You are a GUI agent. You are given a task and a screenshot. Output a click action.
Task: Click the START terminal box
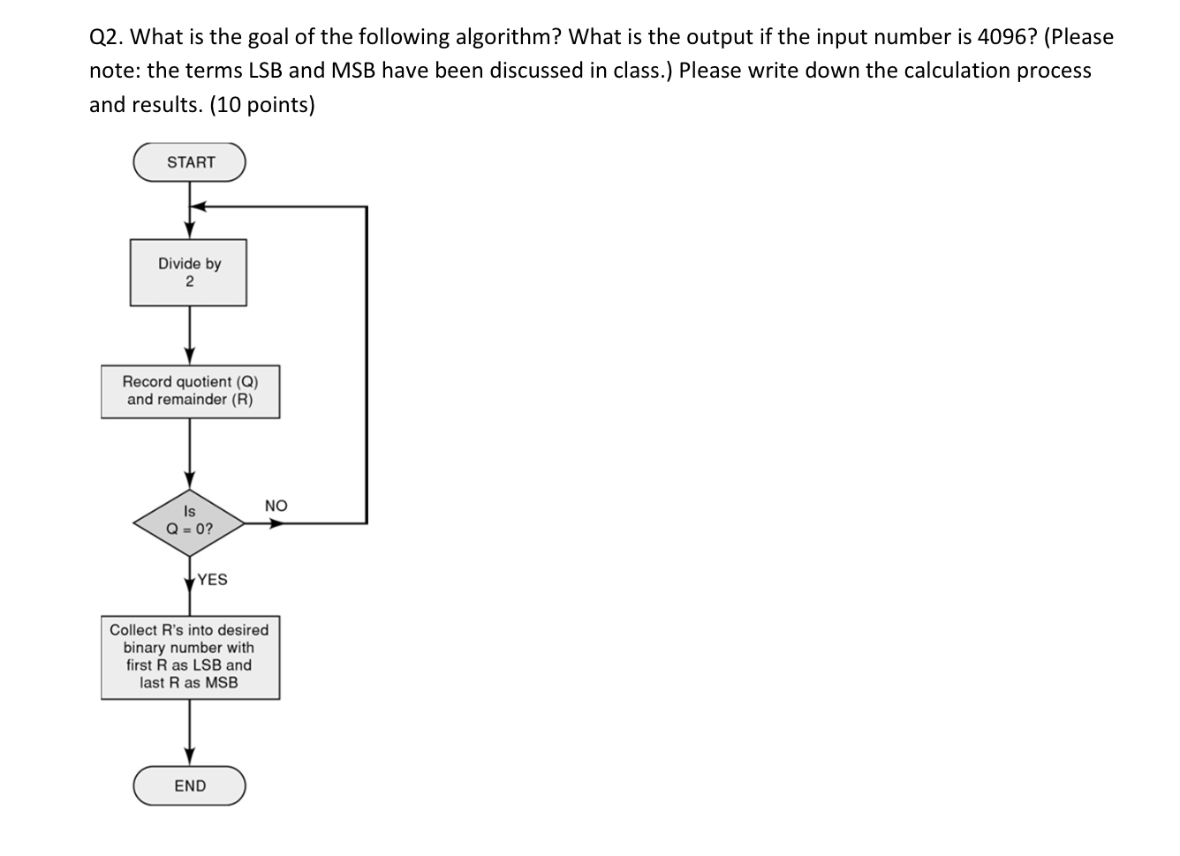(189, 162)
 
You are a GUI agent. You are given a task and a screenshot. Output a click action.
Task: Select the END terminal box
(189, 785)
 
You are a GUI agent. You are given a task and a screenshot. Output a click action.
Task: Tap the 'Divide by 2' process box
(188, 273)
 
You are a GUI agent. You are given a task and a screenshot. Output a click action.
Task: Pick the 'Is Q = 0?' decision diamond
(189, 522)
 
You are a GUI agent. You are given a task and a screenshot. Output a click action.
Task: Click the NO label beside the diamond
(276, 506)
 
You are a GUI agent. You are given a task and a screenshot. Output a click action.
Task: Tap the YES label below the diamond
(212, 580)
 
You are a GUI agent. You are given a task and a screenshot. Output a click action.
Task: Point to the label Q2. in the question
(107, 37)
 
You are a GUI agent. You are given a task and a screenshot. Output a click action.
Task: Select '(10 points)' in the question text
(262, 105)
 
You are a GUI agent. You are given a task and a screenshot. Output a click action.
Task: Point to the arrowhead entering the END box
(189, 757)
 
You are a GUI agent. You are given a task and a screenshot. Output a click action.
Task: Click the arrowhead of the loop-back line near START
(198, 206)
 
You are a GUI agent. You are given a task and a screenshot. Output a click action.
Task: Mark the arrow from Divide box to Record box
(189, 335)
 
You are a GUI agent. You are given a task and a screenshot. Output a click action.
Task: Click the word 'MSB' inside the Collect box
(221, 683)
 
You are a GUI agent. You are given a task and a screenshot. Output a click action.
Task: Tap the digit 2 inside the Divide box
(189, 282)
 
